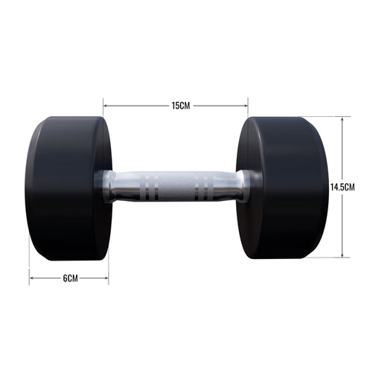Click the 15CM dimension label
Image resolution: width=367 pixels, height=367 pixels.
pos(181,106)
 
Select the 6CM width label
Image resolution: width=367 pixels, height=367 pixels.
pos(69,278)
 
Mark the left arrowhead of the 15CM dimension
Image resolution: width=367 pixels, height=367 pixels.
pos(105,106)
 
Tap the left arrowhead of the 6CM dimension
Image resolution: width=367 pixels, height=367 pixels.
pos(31,278)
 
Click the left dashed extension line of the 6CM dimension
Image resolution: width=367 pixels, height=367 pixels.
pos(29,272)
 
